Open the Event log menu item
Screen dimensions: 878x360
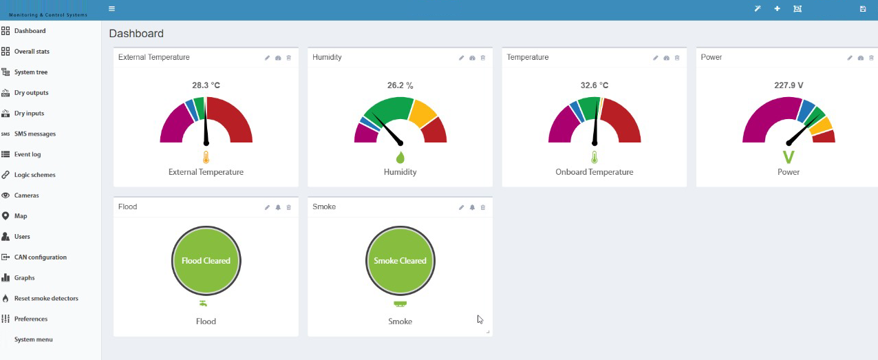(27, 154)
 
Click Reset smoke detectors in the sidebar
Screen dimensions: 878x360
(46, 298)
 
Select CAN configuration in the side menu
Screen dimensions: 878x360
(40, 257)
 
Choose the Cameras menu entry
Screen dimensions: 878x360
(26, 195)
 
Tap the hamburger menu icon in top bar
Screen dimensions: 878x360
(111, 9)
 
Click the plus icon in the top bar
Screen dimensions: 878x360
(777, 9)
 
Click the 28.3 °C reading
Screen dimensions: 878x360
(206, 85)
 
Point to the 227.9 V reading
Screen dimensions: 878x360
(789, 85)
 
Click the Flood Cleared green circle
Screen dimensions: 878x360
(206, 260)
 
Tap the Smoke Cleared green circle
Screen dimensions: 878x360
(400, 260)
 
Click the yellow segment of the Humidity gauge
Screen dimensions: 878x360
(422, 113)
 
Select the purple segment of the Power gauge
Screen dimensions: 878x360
(764, 118)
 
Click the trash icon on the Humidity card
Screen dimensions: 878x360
(483, 58)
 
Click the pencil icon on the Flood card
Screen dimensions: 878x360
(267, 207)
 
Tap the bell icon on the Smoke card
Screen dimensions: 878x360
(472, 207)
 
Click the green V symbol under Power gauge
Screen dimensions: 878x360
(789, 157)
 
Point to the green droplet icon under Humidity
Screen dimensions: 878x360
(400, 157)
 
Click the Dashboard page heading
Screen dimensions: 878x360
(136, 33)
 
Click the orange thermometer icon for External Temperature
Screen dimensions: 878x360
(206, 157)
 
